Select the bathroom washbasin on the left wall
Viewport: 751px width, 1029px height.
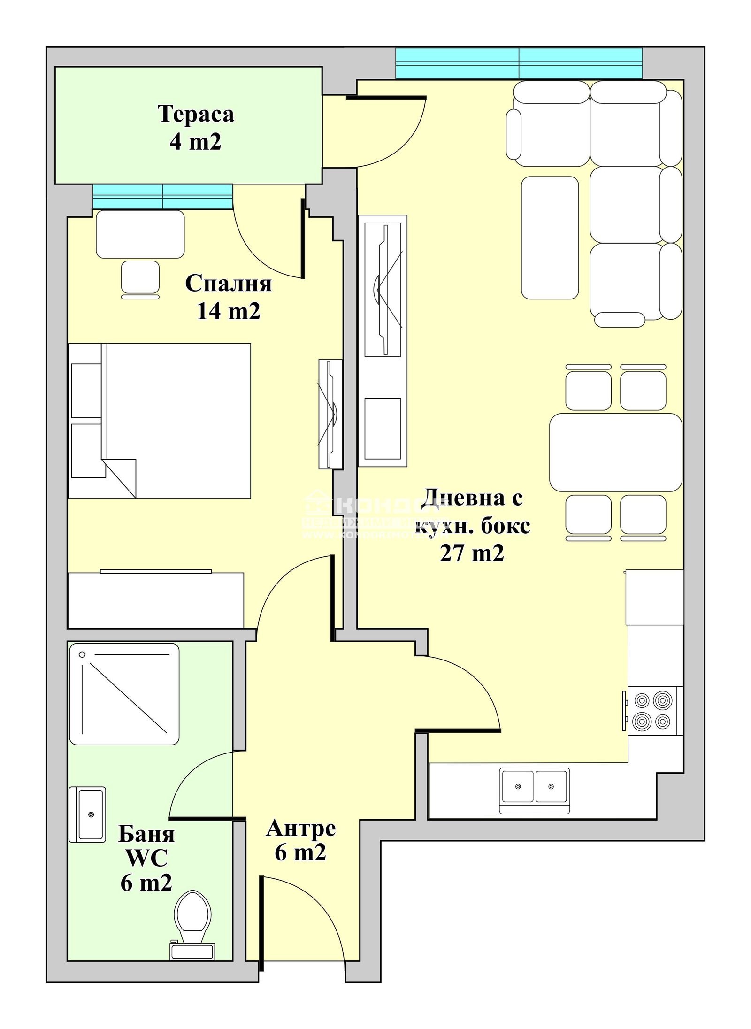pos(88,814)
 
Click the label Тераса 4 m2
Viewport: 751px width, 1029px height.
pos(195,127)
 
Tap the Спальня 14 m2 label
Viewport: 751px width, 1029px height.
pos(228,297)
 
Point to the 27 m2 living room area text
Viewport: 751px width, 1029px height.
pos(472,553)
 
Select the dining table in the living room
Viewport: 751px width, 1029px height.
pos(615,452)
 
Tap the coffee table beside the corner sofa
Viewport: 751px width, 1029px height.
pos(550,238)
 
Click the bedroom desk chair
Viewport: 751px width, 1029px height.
pos(140,278)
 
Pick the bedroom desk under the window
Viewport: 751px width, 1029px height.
pos(140,233)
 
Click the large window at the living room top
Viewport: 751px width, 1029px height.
pos(518,63)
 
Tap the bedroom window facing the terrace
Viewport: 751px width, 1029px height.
pos(162,196)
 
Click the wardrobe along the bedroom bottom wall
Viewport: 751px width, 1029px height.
pos(155,599)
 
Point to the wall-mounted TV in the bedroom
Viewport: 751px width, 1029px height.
pos(330,414)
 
